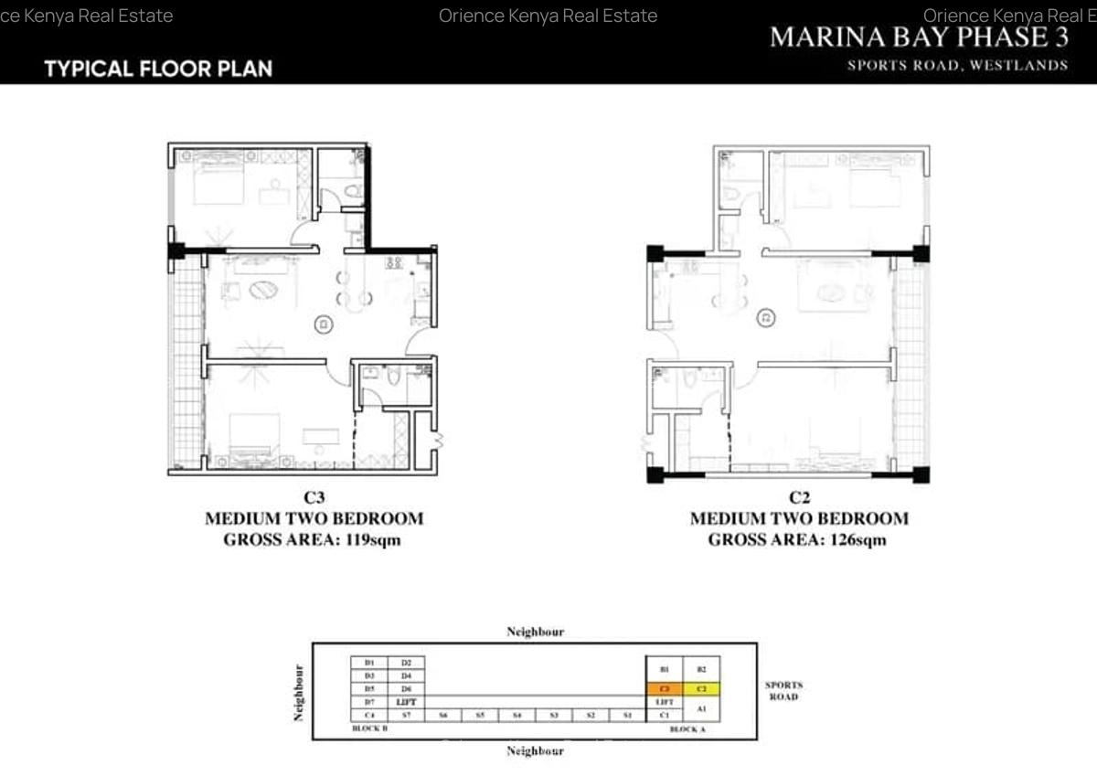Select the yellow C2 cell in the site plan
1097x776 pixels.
pos(701,687)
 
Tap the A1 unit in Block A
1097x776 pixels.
pos(701,707)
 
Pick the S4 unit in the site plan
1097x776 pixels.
pos(517,715)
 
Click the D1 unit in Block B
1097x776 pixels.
pos(369,662)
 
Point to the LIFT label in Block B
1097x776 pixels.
pos(407,701)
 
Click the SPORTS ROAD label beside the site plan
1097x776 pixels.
pos(783,690)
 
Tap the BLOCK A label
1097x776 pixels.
pos(687,729)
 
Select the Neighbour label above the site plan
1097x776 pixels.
pos(535,632)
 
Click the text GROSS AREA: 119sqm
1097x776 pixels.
pos(313,539)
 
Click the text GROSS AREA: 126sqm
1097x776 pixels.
pos(797,539)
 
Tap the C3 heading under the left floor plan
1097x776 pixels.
pos(314,498)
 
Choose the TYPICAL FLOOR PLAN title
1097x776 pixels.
pos(158,69)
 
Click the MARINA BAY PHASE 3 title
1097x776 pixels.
pos(920,37)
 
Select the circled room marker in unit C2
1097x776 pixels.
pos(766,318)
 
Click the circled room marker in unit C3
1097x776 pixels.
pos(323,323)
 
